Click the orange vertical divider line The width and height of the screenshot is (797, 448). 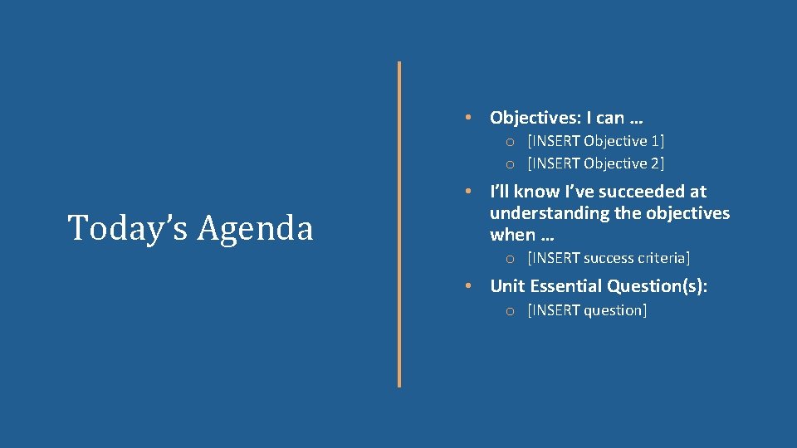(399, 224)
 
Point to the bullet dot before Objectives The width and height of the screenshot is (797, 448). (469, 117)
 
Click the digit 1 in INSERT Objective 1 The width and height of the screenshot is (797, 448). (655, 141)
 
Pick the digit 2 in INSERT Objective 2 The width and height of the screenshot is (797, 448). (655, 163)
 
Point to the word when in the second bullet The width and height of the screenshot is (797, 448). (512, 235)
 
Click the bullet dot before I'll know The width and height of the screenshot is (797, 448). (469, 191)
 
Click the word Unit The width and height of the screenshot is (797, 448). (507, 286)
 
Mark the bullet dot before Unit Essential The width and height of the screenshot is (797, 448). (469, 285)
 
